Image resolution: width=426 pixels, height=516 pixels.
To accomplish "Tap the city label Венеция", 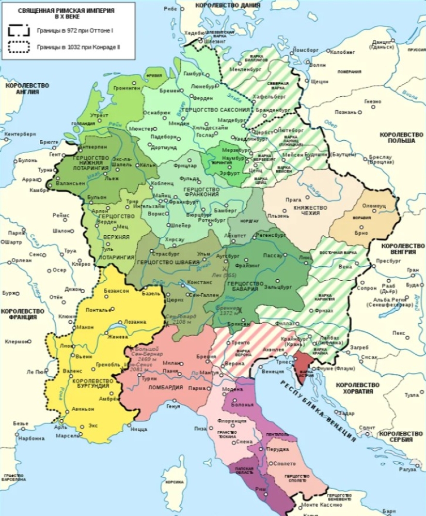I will click(x=272, y=371).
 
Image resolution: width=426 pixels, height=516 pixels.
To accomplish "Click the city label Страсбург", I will click(x=166, y=254).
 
